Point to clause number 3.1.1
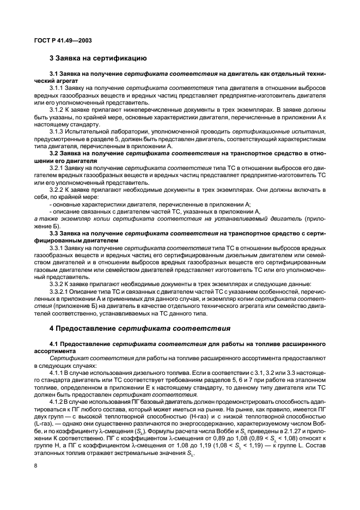click(x=57, y=88)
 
